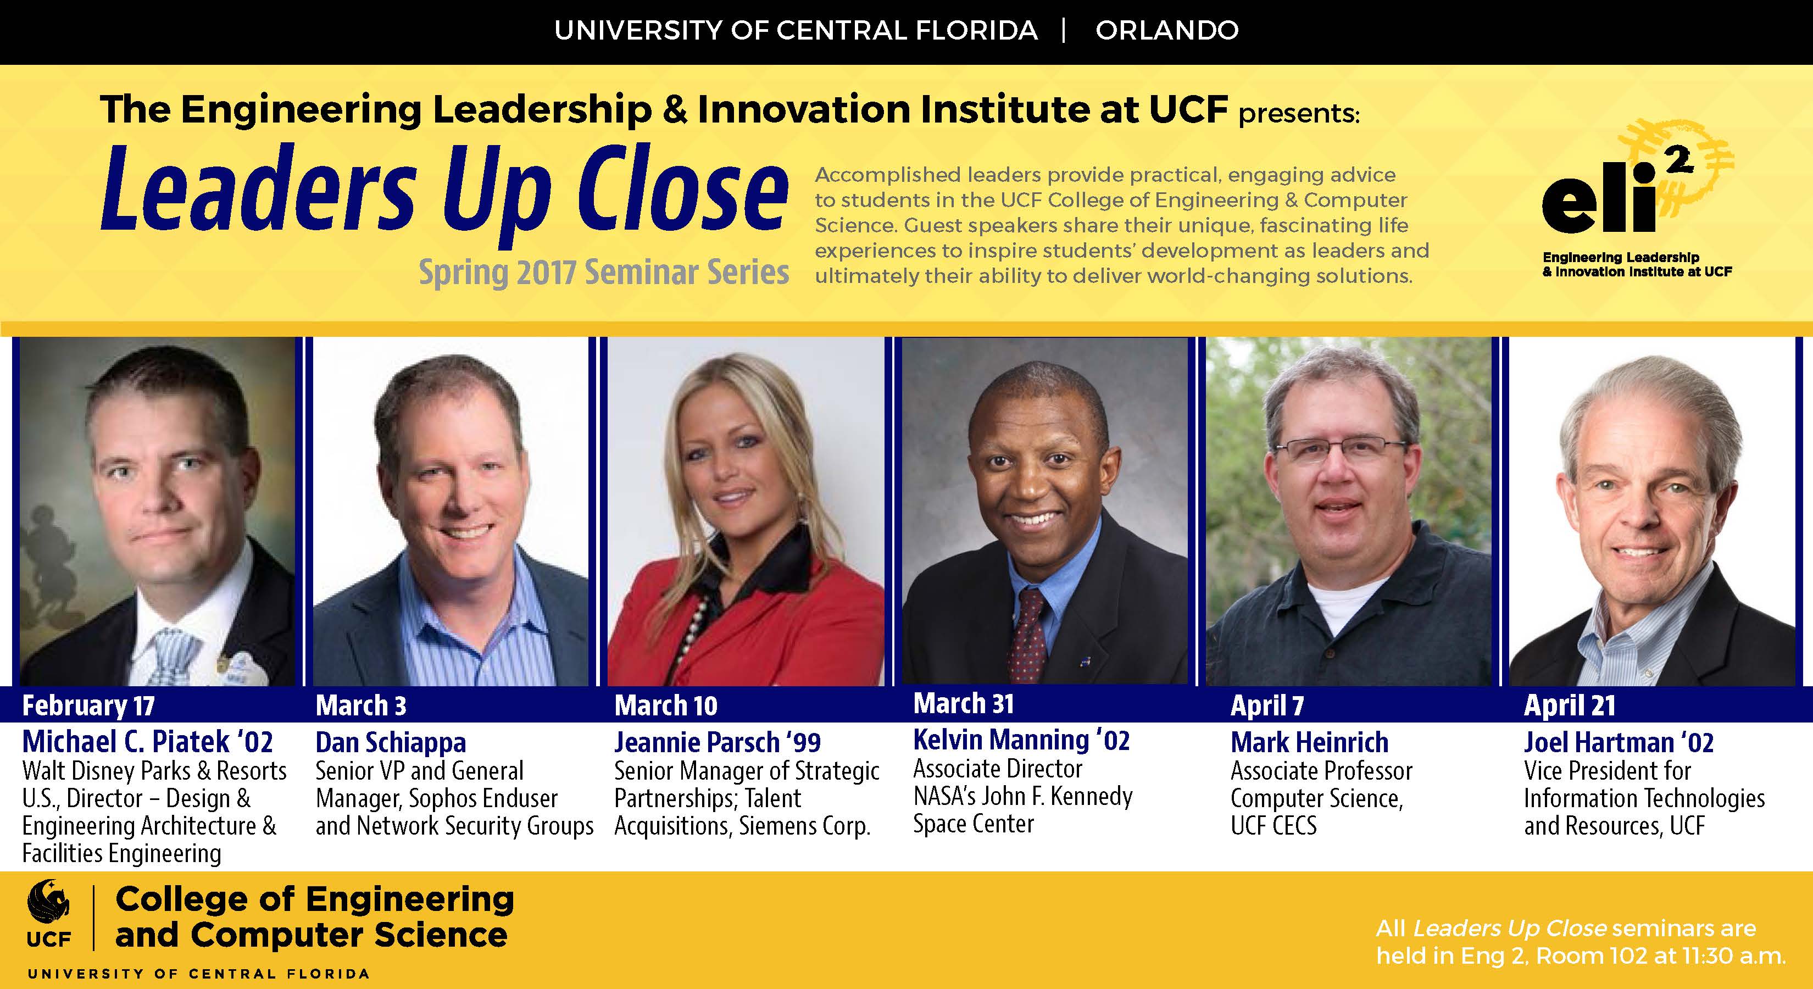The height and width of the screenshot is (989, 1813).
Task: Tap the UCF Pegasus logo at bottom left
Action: [49, 912]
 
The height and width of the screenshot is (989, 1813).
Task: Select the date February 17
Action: [88, 705]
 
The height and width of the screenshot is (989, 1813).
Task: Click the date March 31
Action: [964, 703]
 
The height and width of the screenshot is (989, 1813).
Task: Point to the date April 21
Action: [1570, 705]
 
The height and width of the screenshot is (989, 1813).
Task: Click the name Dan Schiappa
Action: [391, 742]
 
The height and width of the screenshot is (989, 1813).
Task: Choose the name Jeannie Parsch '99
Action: [717, 742]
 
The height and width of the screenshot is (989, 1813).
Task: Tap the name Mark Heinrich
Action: [1310, 742]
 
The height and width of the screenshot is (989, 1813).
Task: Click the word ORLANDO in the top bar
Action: [1167, 30]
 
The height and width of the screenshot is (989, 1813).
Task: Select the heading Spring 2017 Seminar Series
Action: [604, 273]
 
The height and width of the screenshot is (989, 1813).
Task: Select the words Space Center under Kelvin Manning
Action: [974, 824]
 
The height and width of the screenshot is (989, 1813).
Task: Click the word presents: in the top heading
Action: [1299, 113]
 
